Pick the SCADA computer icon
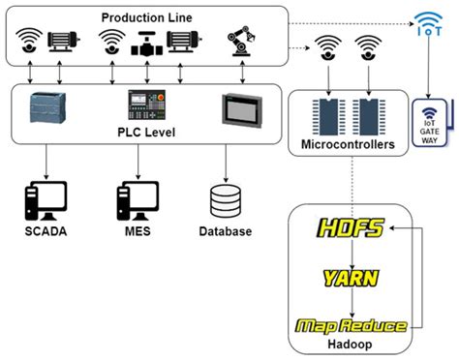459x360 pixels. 46,198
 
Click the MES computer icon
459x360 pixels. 137,198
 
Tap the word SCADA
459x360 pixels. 46,231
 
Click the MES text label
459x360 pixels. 136,231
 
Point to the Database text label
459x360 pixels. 225,231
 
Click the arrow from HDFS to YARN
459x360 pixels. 352,254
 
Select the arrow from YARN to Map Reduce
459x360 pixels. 352,302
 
